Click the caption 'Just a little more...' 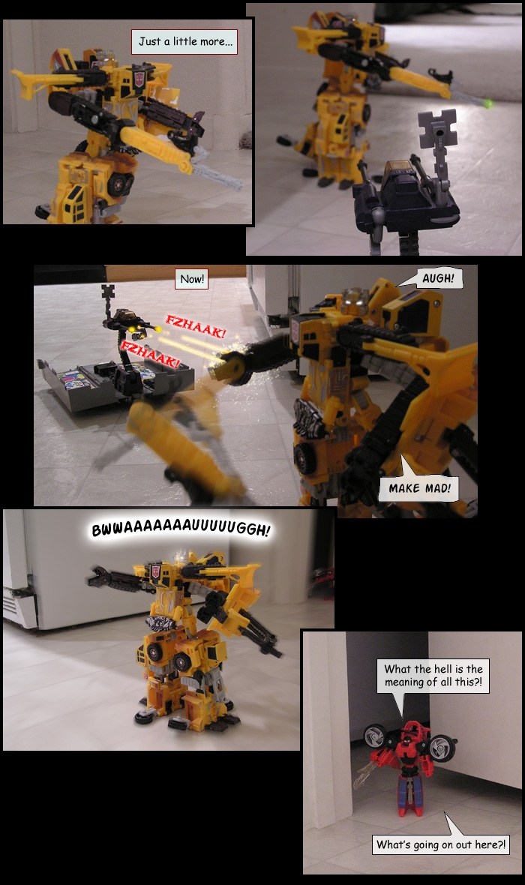coord(185,42)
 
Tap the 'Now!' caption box coord(192,279)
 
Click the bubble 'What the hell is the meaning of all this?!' coord(433,676)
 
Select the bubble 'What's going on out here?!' coord(441,844)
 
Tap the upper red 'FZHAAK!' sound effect coord(195,327)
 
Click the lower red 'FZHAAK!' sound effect coord(149,355)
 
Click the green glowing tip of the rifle coord(487,103)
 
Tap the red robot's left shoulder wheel coord(375,736)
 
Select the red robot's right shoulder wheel coord(442,747)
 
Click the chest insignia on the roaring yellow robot coord(156,571)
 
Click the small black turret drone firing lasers coord(127,325)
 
